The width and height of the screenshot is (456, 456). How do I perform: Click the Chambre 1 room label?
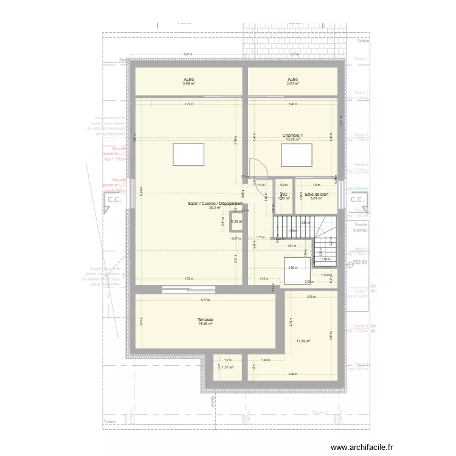coord(292,135)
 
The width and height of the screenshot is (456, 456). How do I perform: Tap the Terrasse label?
coord(205,319)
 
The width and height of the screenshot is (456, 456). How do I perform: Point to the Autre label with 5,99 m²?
coord(188,80)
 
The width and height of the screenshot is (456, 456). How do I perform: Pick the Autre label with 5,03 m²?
coord(292,80)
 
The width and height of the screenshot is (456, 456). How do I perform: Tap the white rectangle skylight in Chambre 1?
coord(297,154)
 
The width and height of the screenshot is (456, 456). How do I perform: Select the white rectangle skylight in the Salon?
coord(188,154)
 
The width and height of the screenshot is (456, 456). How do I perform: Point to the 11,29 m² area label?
coord(302,341)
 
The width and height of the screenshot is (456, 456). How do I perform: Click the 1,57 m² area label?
coord(227,367)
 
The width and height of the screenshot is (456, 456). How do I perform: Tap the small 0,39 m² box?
coord(237,221)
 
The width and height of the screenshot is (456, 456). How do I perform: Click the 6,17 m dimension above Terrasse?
coord(205,300)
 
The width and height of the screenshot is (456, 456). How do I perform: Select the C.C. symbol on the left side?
coord(113,199)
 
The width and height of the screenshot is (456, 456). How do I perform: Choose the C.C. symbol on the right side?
coord(358,199)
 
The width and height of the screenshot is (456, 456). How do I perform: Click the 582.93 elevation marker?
coord(360,262)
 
